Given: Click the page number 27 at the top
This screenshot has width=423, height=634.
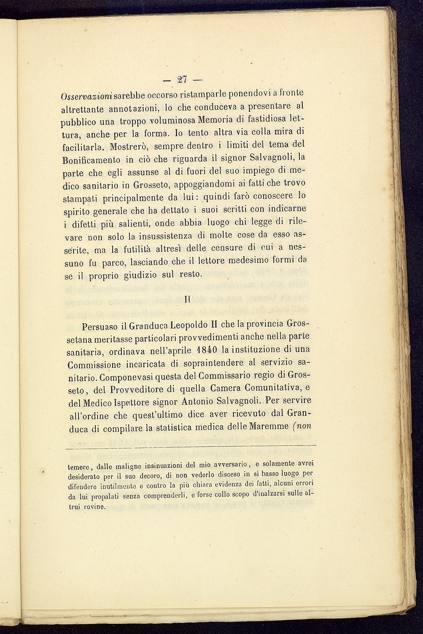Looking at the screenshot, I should coord(182,79).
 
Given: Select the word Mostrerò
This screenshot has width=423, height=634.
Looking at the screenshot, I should coord(128,148).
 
